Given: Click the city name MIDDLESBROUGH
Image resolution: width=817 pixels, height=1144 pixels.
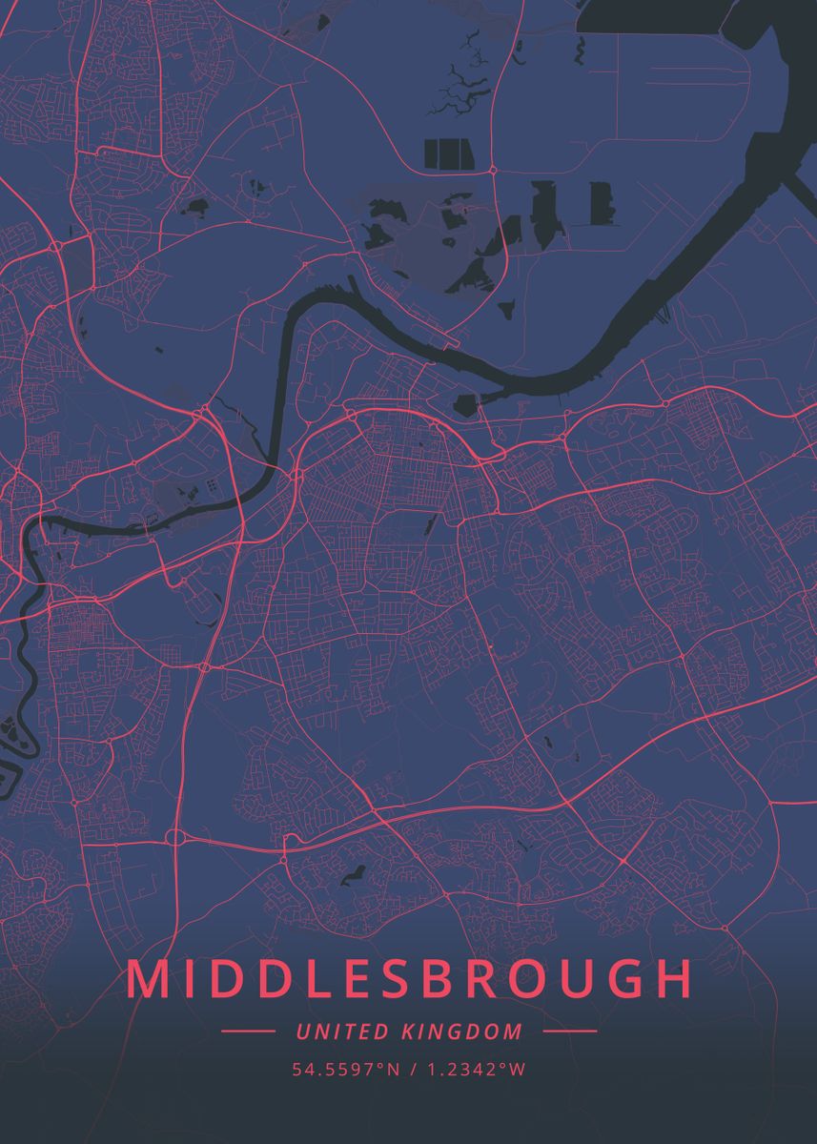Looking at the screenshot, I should (409, 980).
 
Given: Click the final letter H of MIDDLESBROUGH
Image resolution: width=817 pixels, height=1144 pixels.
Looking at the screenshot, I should (671, 980).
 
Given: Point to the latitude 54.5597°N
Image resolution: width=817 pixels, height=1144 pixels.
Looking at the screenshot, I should (346, 1070).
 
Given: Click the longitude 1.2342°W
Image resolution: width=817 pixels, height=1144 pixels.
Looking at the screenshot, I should (477, 1070).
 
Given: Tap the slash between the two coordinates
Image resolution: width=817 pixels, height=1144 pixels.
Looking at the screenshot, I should (413, 1070).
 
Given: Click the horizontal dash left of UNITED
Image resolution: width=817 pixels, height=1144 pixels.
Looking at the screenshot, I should (248, 1032).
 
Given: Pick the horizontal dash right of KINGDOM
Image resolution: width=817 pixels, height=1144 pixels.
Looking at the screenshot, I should (569, 1032).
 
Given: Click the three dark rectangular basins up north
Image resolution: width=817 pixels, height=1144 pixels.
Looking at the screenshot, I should (448, 153).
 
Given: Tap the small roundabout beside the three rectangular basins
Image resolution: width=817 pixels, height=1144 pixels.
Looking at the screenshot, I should (493, 170).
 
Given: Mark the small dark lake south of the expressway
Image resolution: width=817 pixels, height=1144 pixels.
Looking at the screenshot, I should (355, 871).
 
